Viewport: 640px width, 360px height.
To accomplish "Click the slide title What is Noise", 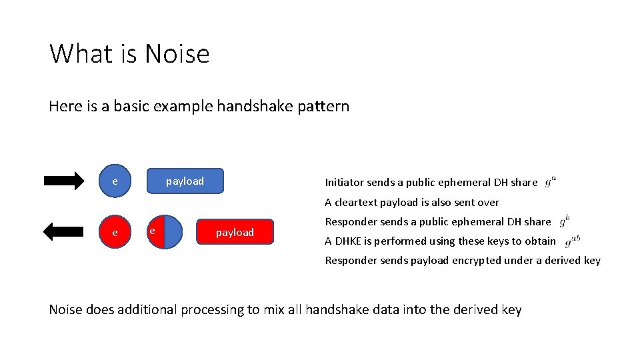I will pyautogui.click(x=129, y=54).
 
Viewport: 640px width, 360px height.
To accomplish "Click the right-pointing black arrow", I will pyautogui.click(x=64, y=181).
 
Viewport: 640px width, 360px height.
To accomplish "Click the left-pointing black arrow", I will pyautogui.click(x=63, y=231).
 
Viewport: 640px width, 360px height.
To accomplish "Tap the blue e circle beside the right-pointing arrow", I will pyautogui.click(x=115, y=181).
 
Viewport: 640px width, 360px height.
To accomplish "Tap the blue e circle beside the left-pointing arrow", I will pyautogui.click(x=115, y=232).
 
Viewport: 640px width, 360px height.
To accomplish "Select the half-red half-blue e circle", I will pyautogui.click(x=164, y=232).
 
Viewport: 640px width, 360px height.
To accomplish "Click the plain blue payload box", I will pyautogui.click(x=185, y=181).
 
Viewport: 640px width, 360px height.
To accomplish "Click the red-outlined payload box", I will pyautogui.click(x=235, y=232).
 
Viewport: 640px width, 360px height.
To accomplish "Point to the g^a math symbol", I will pyautogui.click(x=551, y=181).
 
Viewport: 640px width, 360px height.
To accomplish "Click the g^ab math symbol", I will pyautogui.click(x=572, y=241).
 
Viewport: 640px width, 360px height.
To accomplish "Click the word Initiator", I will pyautogui.click(x=344, y=183).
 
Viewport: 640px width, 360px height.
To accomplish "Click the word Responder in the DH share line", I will pyautogui.click(x=351, y=221).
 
